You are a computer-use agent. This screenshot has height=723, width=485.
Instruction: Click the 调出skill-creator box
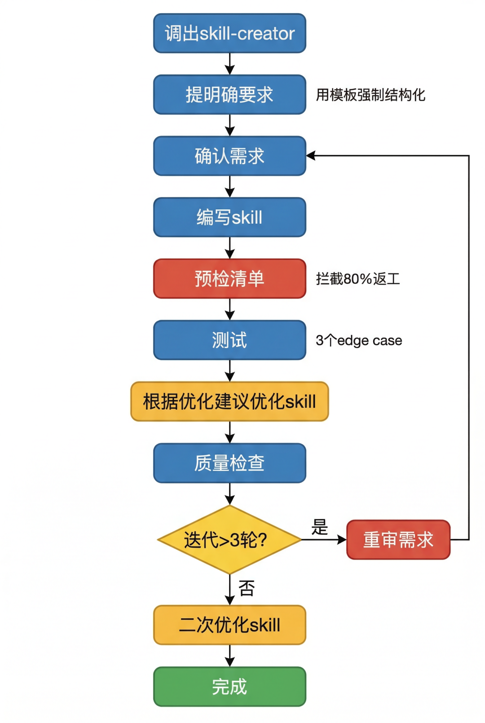pyautogui.click(x=229, y=33)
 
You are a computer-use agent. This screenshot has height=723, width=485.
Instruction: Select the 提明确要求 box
pyautogui.click(x=229, y=95)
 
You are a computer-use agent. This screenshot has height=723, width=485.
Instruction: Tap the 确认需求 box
pyautogui.click(x=229, y=156)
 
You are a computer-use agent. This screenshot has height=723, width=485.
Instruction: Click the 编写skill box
pyautogui.click(x=229, y=217)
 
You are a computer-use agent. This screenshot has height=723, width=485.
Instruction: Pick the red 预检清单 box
pyautogui.click(x=229, y=278)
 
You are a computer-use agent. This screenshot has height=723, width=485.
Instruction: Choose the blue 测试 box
pyautogui.click(x=229, y=340)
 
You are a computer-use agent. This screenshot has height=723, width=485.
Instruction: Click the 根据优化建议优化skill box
pyautogui.click(x=229, y=401)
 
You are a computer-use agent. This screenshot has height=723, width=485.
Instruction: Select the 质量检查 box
pyautogui.click(x=229, y=463)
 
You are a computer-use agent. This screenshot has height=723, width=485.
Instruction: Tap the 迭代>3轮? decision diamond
pyautogui.click(x=229, y=539)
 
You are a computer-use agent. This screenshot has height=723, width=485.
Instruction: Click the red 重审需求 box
pyautogui.click(x=398, y=539)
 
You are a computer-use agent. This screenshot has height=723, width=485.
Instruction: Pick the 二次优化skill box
pyautogui.click(x=229, y=625)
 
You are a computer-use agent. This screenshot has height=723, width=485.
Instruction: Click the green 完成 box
pyautogui.click(x=229, y=687)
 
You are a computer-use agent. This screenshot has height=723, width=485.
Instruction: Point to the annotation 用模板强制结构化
pyautogui.click(x=370, y=95)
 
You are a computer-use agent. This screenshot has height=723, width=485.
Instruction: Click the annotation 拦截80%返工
pyautogui.click(x=357, y=279)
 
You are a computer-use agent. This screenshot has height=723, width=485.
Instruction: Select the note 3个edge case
pyautogui.click(x=358, y=340)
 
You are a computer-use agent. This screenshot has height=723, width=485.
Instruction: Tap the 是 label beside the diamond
pyautogui.click(x=320, y=527)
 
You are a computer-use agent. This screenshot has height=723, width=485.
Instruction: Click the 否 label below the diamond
pyautogui.click(x=247, y=588)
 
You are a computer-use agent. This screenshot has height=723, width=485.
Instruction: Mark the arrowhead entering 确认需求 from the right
pyautogui.click(x=311, y=156)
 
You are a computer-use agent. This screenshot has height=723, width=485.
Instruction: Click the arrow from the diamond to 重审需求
pyautogui.click(x=323, y=539)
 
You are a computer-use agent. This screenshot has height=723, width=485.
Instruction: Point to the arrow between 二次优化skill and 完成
pyautogui.click(x=229, y=656)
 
